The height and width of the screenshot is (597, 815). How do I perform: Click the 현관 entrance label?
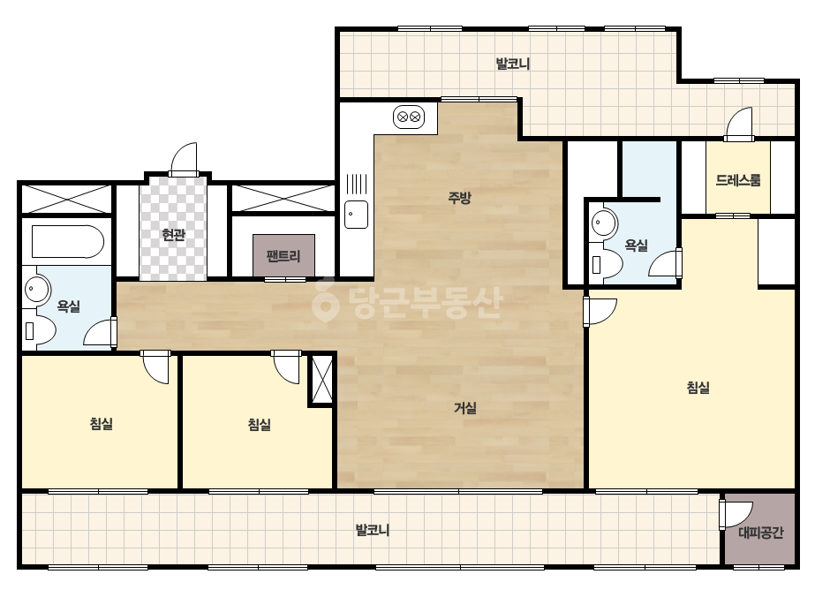(x=174, y=235)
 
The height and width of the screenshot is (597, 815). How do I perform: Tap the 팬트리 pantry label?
(x=283, y=256)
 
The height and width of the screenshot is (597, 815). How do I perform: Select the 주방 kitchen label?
(x=459, y=198)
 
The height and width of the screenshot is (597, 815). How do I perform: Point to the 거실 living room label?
(x=465, y=408)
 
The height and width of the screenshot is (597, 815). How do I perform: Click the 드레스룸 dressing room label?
(x=738, y=180)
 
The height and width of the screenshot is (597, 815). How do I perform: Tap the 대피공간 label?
(x=760, y=533)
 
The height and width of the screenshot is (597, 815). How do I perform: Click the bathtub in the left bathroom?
(x=68, y=241)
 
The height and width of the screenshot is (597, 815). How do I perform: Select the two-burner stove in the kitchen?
(x=409, y=117)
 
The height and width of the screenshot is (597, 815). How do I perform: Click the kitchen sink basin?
(x=357, y=215)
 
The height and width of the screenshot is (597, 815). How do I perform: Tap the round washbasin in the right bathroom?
(x=603, y=223)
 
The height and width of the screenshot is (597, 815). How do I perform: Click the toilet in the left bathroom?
(x=40, y=329)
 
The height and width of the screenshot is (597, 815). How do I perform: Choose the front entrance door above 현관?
(x=184, y=159)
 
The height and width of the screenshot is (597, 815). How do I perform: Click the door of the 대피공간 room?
(x=736, y=515)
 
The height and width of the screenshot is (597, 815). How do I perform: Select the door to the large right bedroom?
(x=600, y=312)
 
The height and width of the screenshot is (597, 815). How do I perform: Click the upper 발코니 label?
(x=512, y=64)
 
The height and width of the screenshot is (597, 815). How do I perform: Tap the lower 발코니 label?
(x=372, y=530)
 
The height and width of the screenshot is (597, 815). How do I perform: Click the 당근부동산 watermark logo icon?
(x=325, y=299)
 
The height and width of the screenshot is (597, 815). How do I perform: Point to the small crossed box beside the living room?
(x=321, y=379)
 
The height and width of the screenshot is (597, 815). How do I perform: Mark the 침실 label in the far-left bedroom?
(x=102, y=424)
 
